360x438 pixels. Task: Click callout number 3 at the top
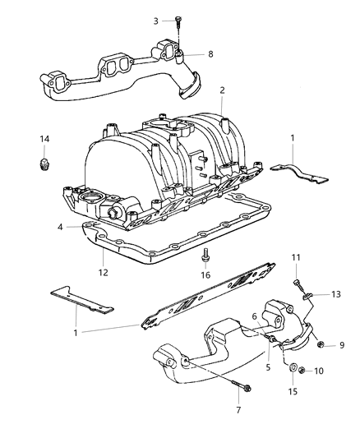(156, 20)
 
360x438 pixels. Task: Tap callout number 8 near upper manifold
(210, 54)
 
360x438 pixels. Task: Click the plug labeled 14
(45, 165)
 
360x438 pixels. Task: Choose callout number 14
(45, 138)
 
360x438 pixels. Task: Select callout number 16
(205, 275)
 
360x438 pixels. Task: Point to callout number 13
(336, 293)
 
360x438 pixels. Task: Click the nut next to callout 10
(302, 371)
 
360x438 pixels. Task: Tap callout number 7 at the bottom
(238, 409)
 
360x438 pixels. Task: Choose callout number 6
(256, 316)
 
